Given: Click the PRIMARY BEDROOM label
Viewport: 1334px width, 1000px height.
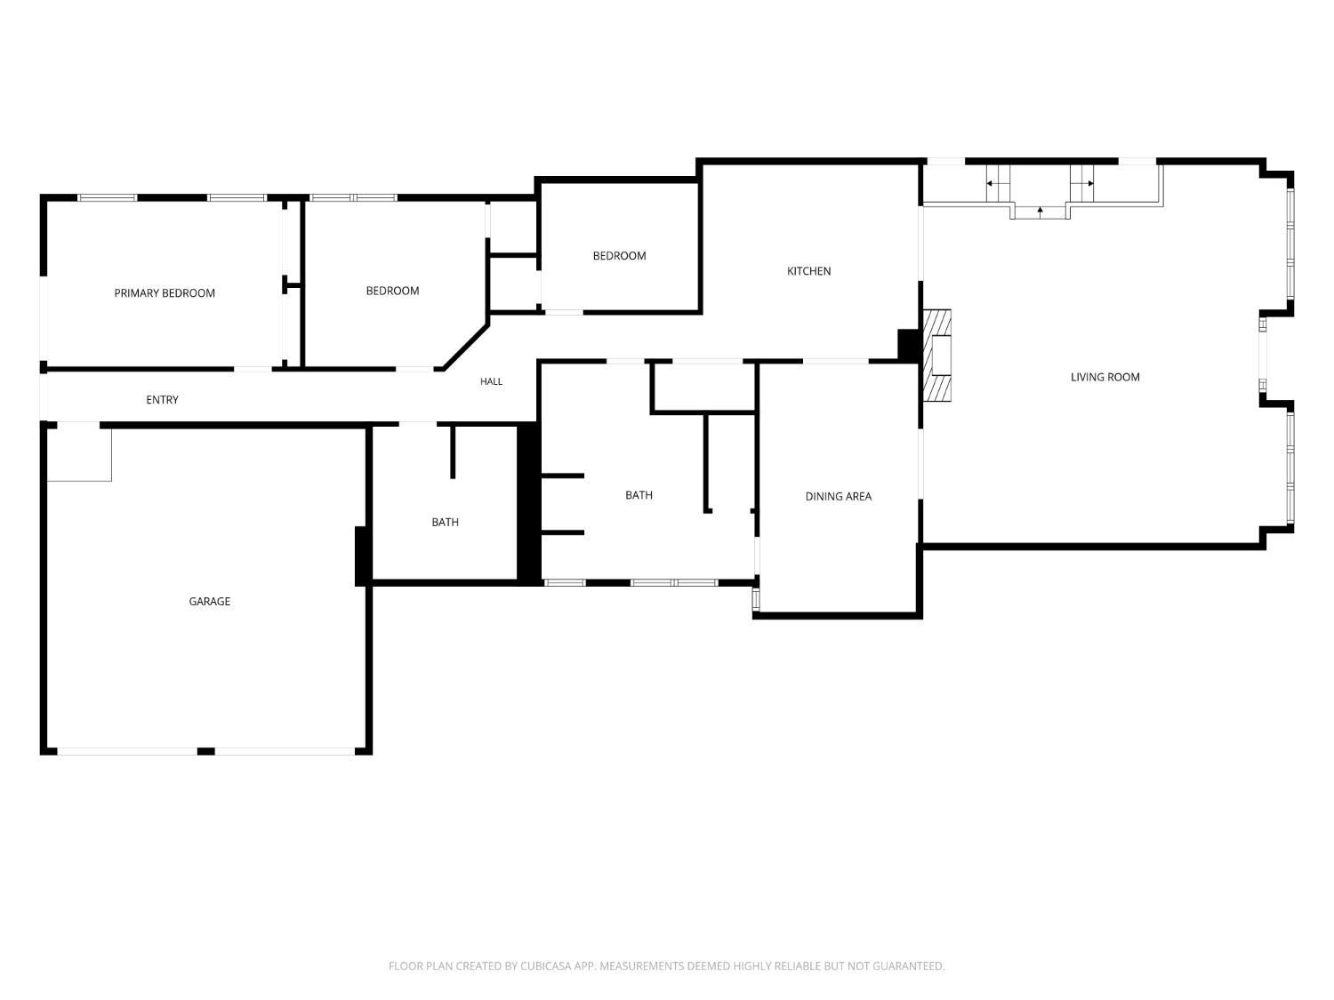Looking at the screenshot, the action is coord(165,293).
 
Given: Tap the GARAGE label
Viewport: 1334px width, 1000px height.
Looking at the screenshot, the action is coord(209,601).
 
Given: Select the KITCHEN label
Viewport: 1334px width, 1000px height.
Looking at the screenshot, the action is coord(808,271).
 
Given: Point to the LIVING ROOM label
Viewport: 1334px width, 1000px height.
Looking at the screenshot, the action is coord(1105,377).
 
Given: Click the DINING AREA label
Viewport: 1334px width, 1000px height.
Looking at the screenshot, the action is coord(838,497).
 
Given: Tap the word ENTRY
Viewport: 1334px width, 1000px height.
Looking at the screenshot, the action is coord(162,399).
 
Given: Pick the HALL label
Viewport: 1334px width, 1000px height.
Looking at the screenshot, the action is coord(491,381).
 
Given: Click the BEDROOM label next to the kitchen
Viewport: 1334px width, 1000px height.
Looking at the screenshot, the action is coord(619,256).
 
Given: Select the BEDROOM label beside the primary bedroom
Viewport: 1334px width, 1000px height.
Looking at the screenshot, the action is coord(392,291).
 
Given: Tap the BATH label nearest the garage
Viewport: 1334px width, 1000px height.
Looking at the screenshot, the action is coord(445,522).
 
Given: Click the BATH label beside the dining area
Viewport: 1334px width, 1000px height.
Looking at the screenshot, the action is coord(639,495).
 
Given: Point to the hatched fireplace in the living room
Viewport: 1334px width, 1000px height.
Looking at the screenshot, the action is coord(936,356).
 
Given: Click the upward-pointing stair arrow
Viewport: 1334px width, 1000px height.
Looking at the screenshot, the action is coord(1040,212).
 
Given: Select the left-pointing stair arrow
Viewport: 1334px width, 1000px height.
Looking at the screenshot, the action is coord(992,183).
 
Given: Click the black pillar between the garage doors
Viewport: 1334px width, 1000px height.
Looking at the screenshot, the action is coord(205,751).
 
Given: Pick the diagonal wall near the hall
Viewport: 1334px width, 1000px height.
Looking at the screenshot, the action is coord(466,347).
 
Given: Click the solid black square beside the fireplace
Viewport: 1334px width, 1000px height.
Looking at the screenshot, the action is coord(908,345).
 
